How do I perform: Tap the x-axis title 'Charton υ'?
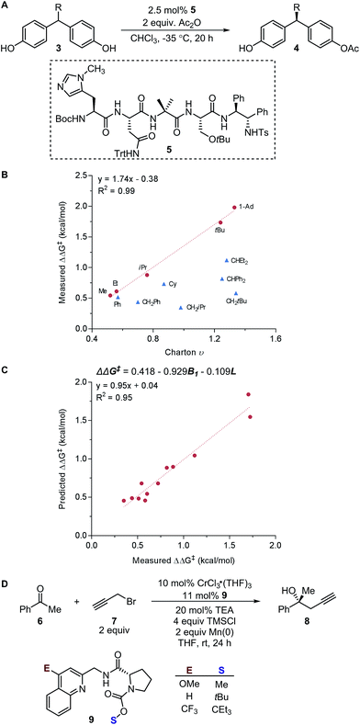(184, 349)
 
